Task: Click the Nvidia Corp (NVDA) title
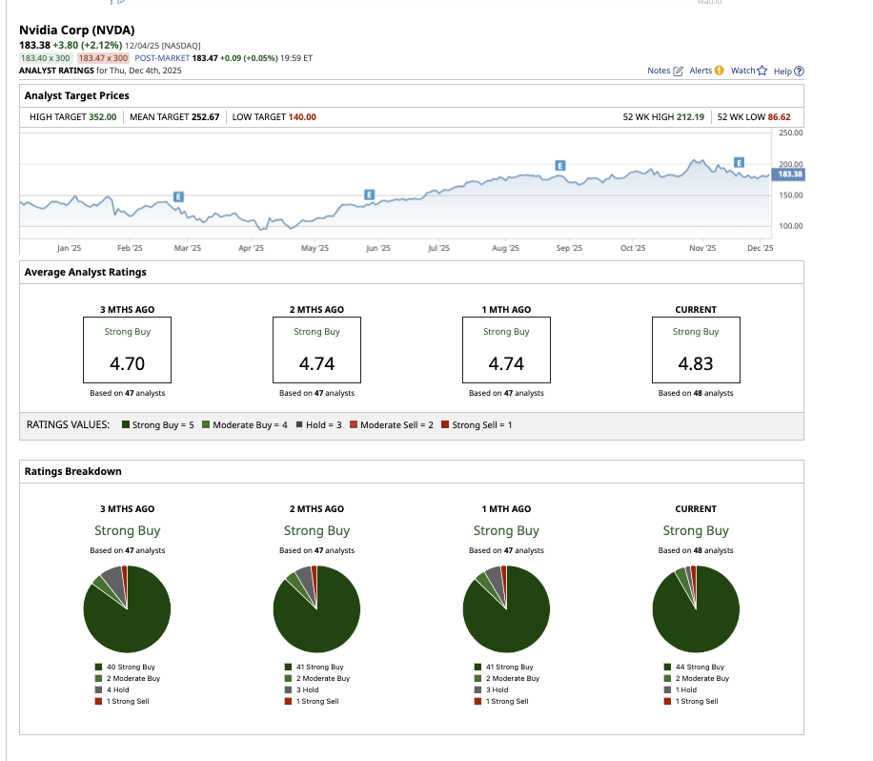point(77,30)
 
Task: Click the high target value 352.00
point(102,116)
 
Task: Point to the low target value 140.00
point(302,116)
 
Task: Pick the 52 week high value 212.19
point(690,116)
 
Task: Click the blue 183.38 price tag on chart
point(789,175)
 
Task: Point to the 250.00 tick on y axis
point(790,134)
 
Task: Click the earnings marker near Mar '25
point(178,195)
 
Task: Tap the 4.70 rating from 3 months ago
point(128,363)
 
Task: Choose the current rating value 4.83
point(696,363)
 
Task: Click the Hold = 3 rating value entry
point(320,424)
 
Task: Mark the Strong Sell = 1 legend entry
point(481,424)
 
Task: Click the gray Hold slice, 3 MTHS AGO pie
point(112,578)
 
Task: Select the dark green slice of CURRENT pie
point(700,620)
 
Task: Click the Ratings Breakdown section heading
point(72,471)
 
